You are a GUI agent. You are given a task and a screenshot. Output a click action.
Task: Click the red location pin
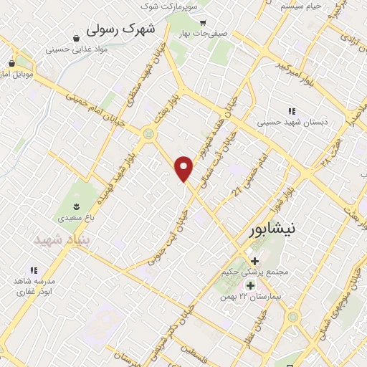[184, 168]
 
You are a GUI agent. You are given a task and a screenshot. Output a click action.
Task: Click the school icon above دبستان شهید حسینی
[291, 111]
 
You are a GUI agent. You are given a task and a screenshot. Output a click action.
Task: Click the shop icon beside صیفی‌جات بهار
[203, 22]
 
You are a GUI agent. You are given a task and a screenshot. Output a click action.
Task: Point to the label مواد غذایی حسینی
[70, 49]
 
